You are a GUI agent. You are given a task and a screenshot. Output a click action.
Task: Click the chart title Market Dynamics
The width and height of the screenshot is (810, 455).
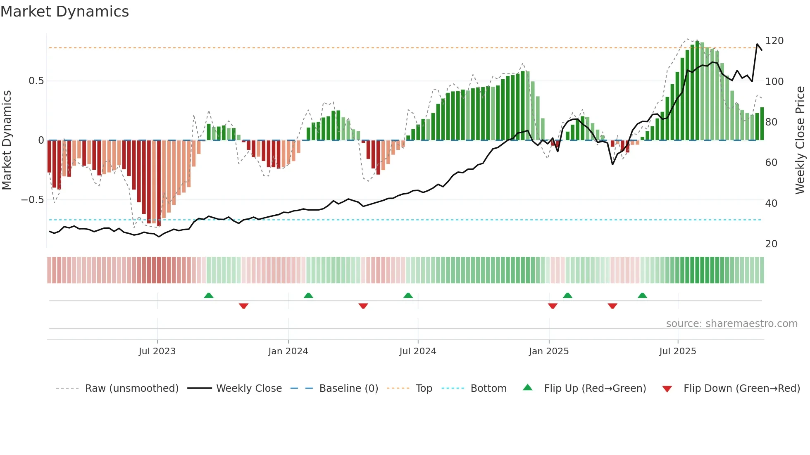point(65,12)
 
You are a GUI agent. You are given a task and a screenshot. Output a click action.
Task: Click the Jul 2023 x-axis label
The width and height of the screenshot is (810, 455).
point(157,351)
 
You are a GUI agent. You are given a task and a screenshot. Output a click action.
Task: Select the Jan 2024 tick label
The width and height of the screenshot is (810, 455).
point(288,351)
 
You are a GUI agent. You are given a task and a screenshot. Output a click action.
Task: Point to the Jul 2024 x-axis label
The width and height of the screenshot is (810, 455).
point(417,351)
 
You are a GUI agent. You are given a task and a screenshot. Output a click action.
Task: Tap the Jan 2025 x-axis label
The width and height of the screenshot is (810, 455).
point(549,351)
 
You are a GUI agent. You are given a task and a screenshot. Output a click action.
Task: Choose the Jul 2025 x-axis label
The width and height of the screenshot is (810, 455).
point(678,351)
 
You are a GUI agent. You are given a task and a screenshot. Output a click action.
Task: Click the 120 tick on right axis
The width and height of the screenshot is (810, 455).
point(774,41)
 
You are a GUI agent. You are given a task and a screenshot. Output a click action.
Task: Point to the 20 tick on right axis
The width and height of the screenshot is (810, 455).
point(771,244)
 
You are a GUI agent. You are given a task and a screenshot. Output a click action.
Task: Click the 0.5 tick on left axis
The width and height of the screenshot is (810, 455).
point(36,81)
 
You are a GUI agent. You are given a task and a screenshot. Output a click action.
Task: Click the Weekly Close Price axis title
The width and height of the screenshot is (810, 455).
point(800,140)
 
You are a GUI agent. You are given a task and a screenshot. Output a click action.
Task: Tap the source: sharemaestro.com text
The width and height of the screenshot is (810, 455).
point(731,324)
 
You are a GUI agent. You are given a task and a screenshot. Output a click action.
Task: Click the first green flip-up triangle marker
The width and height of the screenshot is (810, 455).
point(209,296)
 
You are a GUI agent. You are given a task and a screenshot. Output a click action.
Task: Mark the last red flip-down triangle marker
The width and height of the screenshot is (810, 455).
point(612,306)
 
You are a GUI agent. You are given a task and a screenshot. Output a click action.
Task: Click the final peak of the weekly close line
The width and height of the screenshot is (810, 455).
point(758,44)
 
